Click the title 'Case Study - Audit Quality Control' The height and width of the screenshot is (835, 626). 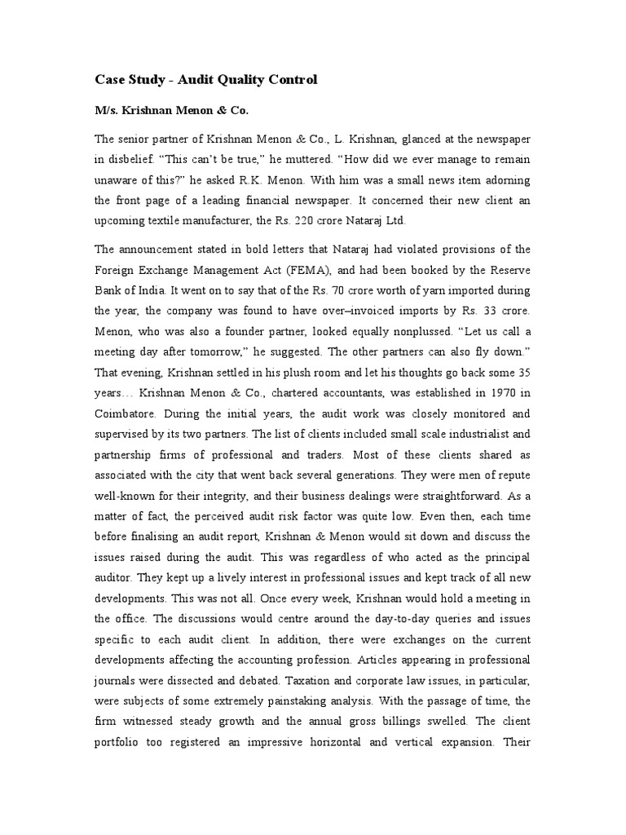coord(205,80)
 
